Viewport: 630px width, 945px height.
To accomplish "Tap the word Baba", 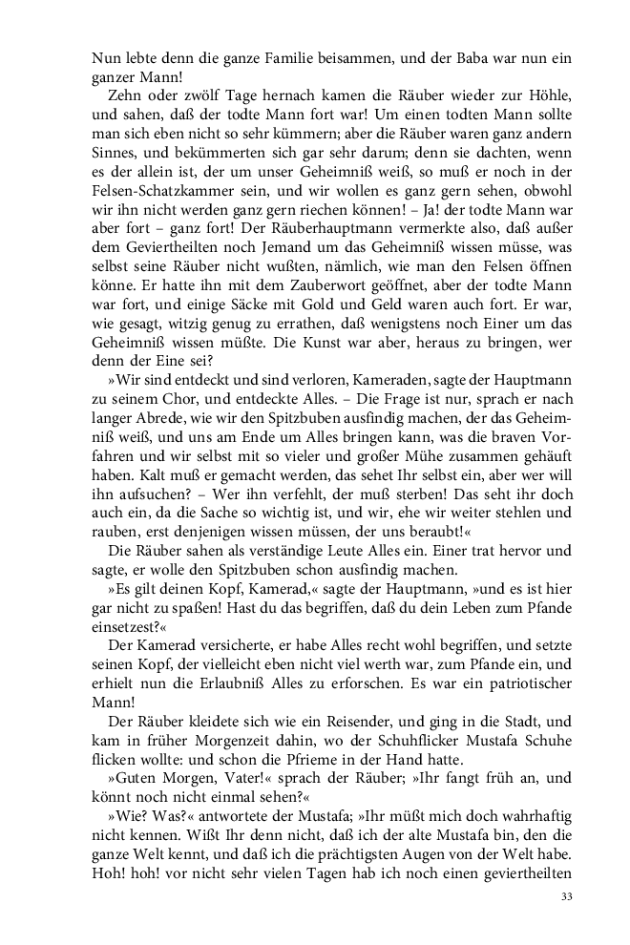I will (x=431, y=58).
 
